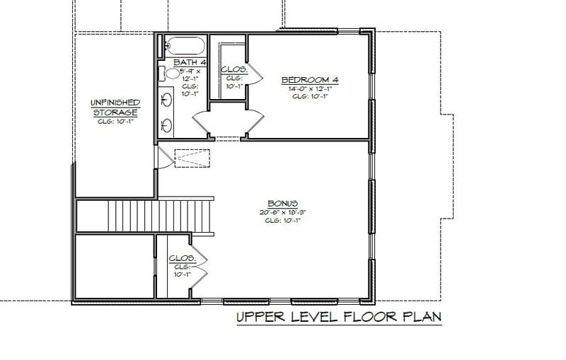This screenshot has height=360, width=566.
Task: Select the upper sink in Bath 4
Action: point(168,98)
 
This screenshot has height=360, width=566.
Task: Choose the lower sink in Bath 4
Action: point(168,125)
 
